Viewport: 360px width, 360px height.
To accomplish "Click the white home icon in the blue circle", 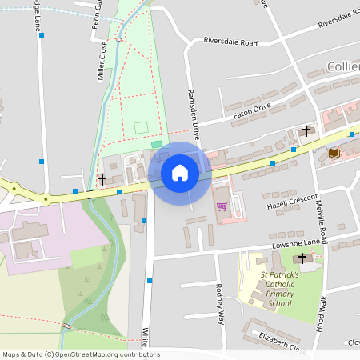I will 180,172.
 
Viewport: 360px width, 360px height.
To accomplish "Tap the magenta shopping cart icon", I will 222,206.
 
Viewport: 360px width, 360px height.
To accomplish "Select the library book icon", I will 334,153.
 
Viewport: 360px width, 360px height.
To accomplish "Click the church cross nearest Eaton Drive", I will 306,130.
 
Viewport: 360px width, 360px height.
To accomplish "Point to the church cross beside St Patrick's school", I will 302,258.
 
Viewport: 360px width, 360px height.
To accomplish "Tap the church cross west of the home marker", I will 102,179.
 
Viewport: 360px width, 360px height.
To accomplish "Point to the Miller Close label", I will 102,63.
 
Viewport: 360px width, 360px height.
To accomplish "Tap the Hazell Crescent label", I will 292,202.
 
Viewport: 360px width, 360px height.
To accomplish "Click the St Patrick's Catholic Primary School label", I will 279,289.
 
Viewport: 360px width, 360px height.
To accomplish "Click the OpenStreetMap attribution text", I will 80,354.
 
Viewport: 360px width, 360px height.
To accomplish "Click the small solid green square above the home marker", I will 156,144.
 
